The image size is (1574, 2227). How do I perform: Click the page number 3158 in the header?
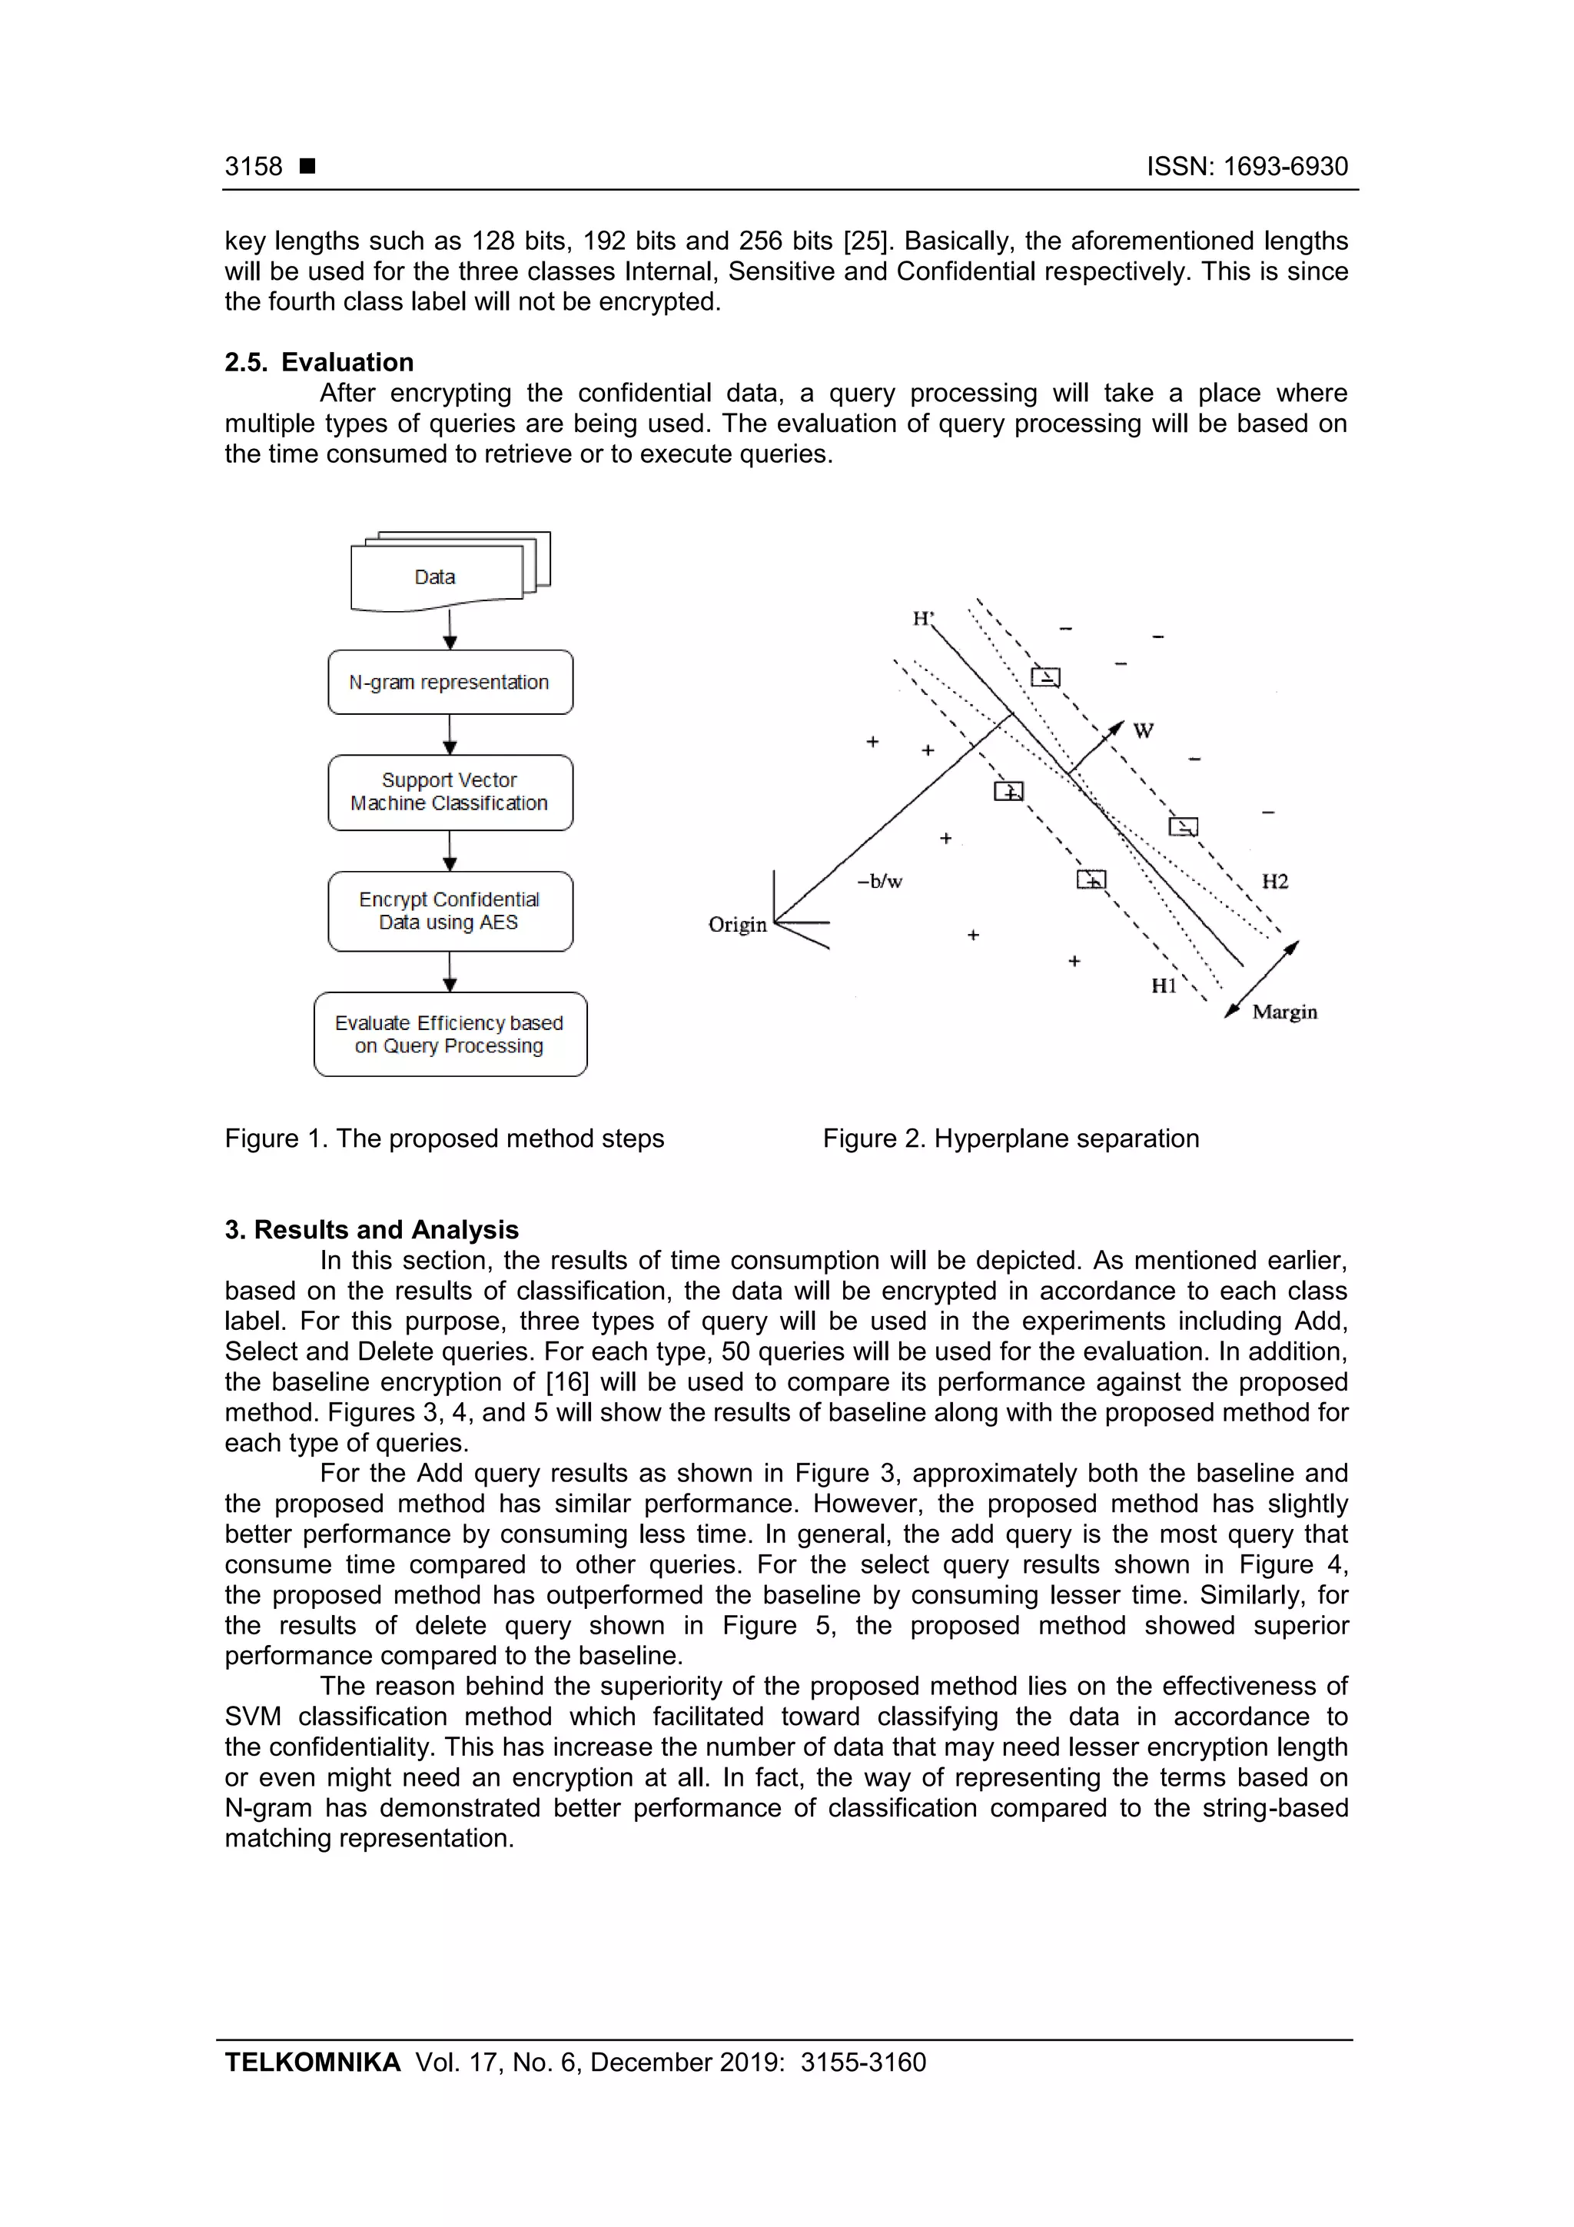[253, 167]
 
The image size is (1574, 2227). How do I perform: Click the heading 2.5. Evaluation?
[319, 362]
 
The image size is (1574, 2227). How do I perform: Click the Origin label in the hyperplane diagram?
[737, 924]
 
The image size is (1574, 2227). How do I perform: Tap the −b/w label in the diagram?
[880, 882]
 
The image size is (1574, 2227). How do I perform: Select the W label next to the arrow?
[1144, 731]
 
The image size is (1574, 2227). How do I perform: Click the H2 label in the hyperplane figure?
[1274, 882]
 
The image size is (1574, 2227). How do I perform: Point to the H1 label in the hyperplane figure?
[1164, 986]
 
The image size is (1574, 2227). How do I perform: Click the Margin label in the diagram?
[1284, 1012]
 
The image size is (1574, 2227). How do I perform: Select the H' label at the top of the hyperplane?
[922, 619]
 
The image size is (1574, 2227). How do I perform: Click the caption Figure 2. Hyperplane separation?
[1011, 1138]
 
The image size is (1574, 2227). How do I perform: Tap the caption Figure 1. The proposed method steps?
[444, 1138]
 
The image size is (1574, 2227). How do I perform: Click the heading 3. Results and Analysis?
[371, 1230]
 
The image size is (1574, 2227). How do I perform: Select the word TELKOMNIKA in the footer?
[312, 2062]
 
